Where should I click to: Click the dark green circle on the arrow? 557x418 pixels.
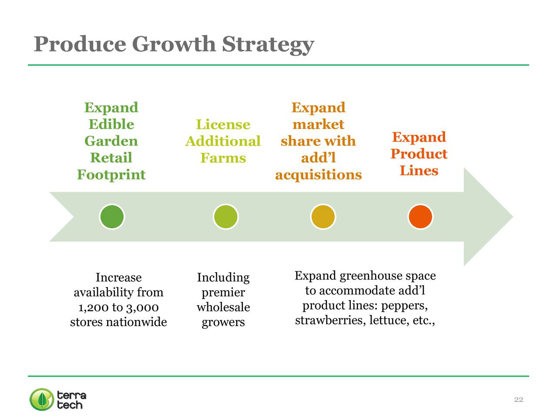[112, 217]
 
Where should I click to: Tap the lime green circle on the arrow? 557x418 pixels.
[225, 217]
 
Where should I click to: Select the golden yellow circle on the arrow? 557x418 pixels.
[323, 217]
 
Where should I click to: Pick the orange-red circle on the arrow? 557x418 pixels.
[420, 217]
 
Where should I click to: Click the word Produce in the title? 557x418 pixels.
[80, 44]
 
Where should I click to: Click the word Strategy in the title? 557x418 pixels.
[268, 45]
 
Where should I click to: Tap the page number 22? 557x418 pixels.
[518, 399]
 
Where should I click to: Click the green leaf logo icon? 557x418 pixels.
[42, 399]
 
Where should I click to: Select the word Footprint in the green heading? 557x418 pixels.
[111, 175]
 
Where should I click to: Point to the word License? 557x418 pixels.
[223, 125]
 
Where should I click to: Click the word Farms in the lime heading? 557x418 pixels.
[223, 158]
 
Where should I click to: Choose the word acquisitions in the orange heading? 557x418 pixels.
[319, 175]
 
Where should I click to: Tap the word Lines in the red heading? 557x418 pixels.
[419, 170]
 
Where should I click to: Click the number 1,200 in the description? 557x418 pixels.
[94, 307]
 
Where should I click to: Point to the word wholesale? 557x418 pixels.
[223, 307]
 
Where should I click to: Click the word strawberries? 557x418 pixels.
[330, 320]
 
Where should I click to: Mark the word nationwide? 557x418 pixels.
[136, 322]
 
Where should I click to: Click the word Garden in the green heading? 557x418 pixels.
[111, 141]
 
